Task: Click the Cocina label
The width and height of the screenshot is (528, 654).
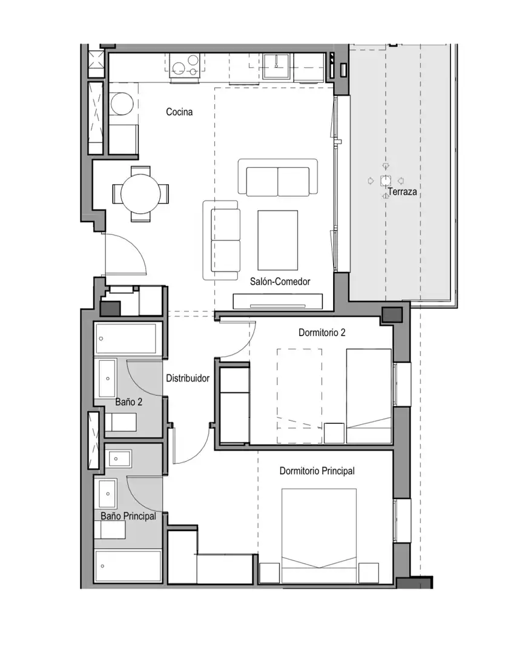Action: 179,112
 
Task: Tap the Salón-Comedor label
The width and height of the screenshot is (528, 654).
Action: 280,282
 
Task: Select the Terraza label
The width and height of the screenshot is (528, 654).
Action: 402,192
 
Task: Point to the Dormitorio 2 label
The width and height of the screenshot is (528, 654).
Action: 322,332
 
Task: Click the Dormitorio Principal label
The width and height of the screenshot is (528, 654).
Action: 317,471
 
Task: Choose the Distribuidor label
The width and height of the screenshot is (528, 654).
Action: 188,378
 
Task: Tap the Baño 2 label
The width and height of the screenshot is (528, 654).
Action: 128,401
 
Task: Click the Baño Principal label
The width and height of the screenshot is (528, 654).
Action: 128,516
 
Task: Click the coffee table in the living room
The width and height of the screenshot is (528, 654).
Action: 278,240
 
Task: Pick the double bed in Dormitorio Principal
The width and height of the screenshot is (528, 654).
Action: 319,535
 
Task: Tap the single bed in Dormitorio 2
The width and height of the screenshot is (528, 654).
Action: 369,396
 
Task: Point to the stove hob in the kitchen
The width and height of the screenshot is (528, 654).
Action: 185,65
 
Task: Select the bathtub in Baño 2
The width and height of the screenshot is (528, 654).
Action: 128,339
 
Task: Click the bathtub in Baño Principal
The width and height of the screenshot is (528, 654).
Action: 128,566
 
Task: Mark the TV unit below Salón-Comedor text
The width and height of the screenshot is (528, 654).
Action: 278,301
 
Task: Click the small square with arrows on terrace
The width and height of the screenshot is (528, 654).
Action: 386,181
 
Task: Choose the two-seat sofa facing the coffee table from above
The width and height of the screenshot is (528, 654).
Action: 278,177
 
